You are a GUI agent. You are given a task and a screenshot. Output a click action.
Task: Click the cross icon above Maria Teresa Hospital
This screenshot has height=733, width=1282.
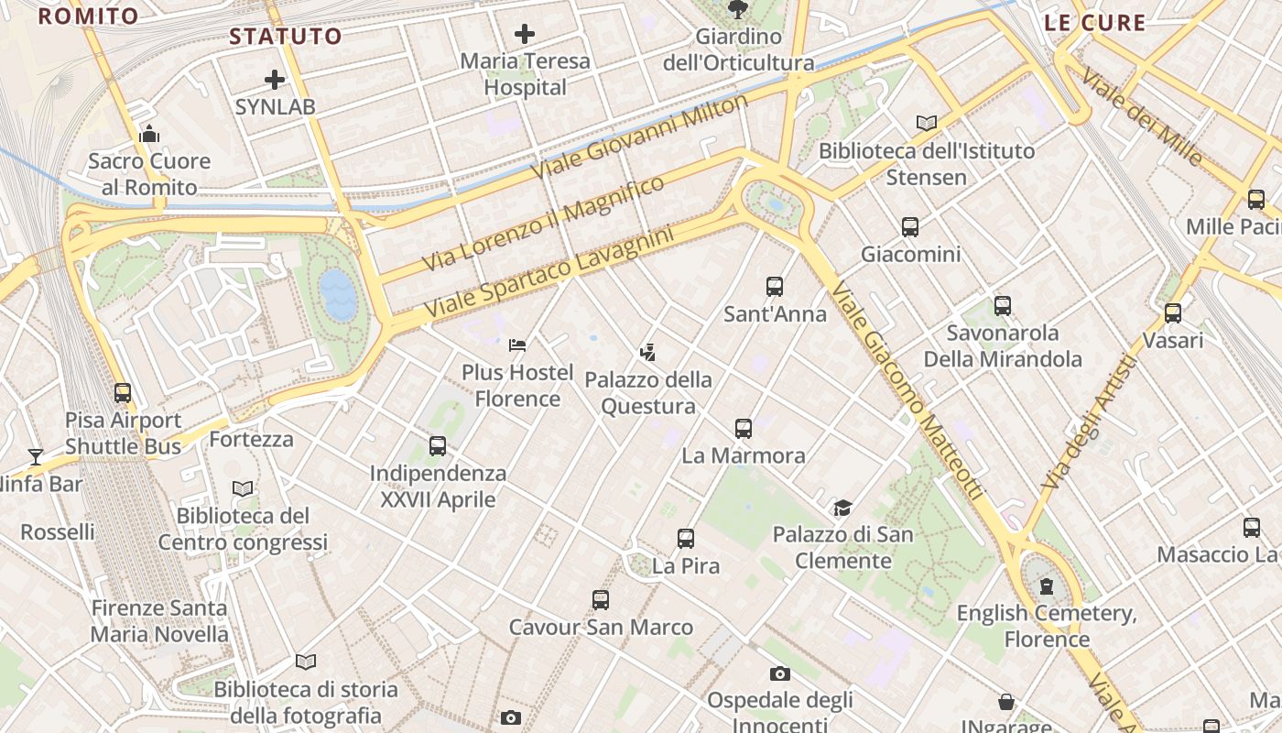(x=525, y=35)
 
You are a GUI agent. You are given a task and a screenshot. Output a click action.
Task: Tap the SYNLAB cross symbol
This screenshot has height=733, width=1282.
(x=274, y=80)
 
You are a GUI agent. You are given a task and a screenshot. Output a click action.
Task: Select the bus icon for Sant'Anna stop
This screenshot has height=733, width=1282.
(x=775, y=287)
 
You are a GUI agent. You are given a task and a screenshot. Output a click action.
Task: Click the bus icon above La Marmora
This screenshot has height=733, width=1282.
(x=744, y=428)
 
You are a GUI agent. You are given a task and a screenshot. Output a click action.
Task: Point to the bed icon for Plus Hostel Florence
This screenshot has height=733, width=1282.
(x=517, y=345)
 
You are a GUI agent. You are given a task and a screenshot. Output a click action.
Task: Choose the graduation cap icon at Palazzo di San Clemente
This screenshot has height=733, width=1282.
(x=842, y=508)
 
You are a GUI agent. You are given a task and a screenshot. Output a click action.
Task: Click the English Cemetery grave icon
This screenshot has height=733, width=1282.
(x=1047, y=586)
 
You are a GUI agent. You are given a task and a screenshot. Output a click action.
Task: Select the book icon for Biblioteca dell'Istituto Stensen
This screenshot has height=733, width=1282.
(x=927, y=123)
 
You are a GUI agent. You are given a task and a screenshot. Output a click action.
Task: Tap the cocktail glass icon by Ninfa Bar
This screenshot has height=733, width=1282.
(x=36, y=456)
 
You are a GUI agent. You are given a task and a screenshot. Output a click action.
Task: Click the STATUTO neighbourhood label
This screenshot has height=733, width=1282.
(x=286, y=37)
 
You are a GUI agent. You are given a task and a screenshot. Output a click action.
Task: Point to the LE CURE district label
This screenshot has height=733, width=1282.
(x=1095, y=23)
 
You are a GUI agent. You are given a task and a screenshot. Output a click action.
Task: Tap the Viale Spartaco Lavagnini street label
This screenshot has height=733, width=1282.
(x=549, y=274)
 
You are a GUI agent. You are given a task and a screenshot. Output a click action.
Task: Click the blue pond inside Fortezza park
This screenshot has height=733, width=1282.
(x=338, y=294)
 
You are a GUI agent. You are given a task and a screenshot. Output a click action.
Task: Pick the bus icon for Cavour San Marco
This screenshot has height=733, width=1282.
(x=601, y=600)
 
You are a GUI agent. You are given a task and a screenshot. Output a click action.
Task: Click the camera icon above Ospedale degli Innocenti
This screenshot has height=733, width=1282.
(x=780, y=674)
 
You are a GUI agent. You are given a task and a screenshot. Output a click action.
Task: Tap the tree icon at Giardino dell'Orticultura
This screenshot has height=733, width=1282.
(x=737, y=10)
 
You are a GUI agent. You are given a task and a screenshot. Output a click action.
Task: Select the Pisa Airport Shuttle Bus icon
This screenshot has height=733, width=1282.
(x=123, y=393)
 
